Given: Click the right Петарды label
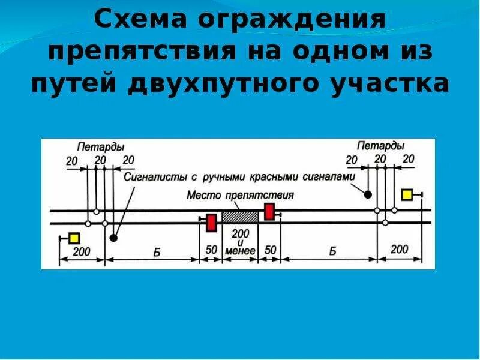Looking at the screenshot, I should pyautogui.click(x=380, y=145).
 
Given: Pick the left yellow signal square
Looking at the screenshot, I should pyautogui.click(x=74, y=238).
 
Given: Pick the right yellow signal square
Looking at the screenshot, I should pyautogui.click(x=407, y=194).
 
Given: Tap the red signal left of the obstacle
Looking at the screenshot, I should pyautogui.click(x=211, y=223).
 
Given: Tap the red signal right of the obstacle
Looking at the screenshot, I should pyautogui.click(x=269, y=211).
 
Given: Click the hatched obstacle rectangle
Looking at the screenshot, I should pyautogui.click(x=240, y=217).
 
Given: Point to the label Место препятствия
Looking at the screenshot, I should pyautogui.click(x=240, y=196).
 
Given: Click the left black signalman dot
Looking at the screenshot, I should pyautogui.click(x=113, y=238).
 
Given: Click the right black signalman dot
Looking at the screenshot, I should pyautogui.click(x=367, y=194).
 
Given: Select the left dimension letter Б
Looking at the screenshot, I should pyautogui.click(x=156, y=251).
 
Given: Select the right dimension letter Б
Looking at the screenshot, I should pyautogui.click(x=332, y=251).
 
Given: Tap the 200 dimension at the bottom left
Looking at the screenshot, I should pyautogui.click(x=82, y=251).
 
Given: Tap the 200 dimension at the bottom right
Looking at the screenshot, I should pyautogui.click(x=400, y=249).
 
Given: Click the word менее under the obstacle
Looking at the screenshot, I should pyautogui.click(x=240, y=251).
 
